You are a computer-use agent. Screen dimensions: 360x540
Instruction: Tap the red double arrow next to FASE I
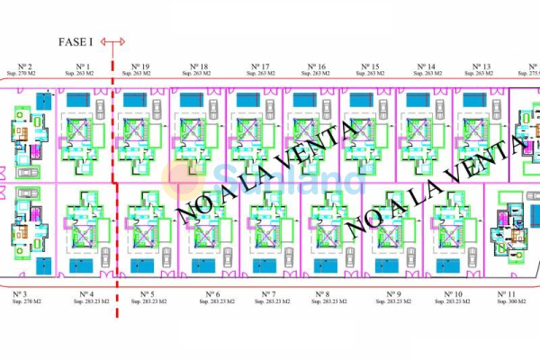pos(113,41)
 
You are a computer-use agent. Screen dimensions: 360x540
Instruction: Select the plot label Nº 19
pos(140,67)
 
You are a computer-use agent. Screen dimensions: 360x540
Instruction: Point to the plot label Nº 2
pos(23,67)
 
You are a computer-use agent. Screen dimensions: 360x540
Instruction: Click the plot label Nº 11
pos(506,294)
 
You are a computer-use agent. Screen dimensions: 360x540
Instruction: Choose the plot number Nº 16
pos(316,67)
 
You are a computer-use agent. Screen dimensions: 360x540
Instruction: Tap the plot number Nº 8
pos(322,294)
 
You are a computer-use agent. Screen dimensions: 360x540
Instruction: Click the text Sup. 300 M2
pos(506,302)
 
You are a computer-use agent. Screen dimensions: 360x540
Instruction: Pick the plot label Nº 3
pos(23,294)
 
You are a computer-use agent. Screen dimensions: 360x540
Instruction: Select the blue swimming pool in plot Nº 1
pos(76,101)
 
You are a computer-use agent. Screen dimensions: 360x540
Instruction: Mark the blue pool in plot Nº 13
pos(473,102)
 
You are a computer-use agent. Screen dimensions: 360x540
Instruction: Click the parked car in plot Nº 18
pos(213,108)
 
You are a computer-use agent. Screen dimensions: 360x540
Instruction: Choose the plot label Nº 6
pos(212,294)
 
